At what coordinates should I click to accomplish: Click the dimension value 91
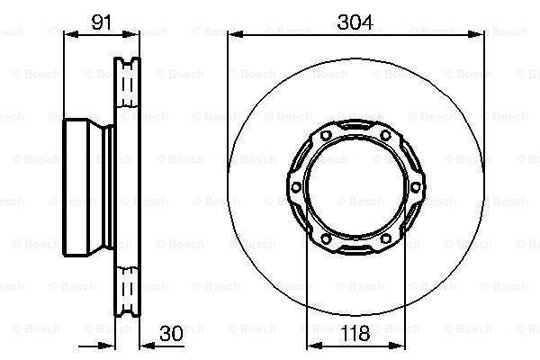102,22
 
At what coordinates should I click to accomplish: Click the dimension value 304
355,22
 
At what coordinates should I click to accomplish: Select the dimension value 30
172,333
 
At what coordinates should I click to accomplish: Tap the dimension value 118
355,333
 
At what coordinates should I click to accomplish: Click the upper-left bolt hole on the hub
326,135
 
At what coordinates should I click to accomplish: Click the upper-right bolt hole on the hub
386,135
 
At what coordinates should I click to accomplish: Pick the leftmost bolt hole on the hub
296,187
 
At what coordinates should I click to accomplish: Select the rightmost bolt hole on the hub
416,187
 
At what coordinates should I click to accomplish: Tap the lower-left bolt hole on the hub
326,238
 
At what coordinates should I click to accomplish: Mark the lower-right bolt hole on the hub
386,238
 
